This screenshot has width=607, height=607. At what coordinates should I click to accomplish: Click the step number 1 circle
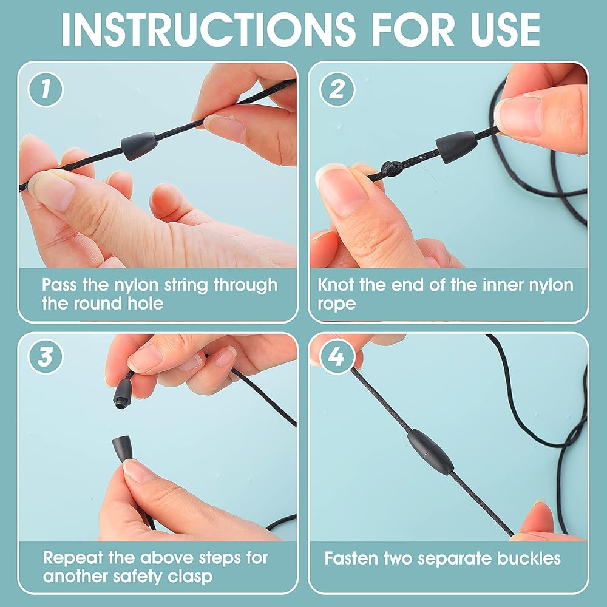pyautogui.click(x=46, y=89)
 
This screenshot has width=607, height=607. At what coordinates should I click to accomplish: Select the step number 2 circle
pyautogui.click(x=337, y=89)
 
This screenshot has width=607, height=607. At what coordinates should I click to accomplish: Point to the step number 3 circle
pyautogui.click(x=46, y=356)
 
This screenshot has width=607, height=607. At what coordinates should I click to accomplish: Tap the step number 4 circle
pyautogui.click(x=337, y=356)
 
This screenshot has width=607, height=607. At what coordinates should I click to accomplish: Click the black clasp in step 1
pyautogui.click(x=140, y=146)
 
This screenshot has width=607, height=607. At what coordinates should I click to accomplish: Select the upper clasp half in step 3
pyautogui.click(x=123, y=394)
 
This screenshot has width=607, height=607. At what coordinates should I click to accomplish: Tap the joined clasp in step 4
pyautogui.click(x=430, y=452)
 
